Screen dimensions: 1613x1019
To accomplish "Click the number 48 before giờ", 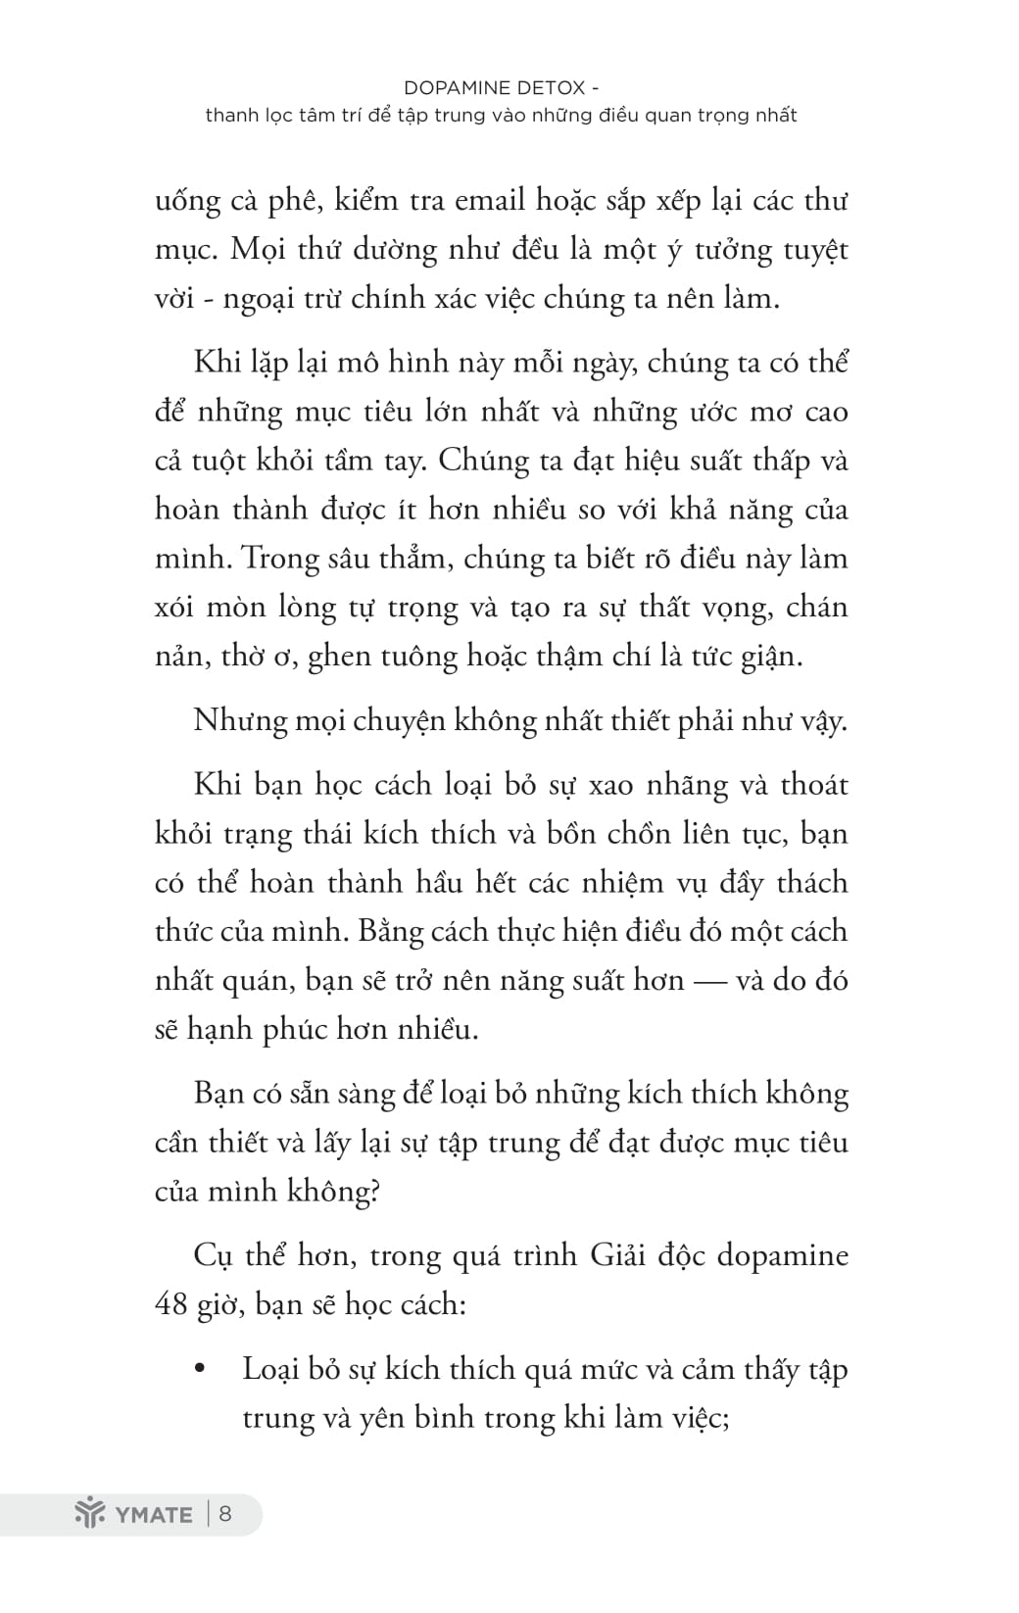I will [x=171, y=1304].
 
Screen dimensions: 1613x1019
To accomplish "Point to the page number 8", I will [x=225, y=1513].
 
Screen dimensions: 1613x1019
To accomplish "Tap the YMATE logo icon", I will [x=90, y=1513].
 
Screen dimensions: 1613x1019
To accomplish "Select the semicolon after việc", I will [x=725, y=1419].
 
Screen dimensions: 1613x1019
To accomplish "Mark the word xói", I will [x=175, y=608].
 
